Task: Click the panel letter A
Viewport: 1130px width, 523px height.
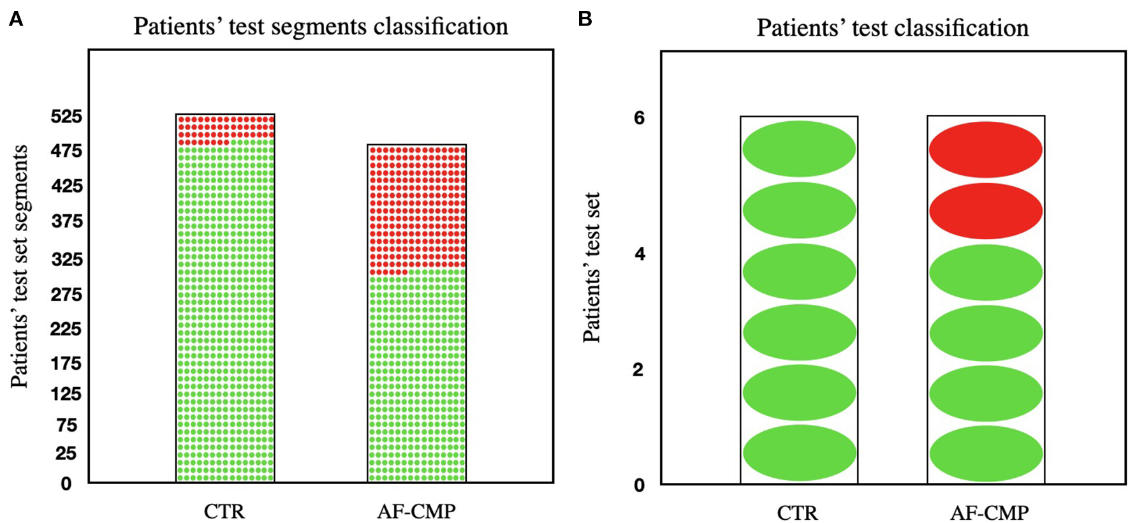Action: pos(16,19)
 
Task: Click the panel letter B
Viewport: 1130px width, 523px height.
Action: pos(584,19)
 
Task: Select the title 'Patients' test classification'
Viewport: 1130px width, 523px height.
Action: pos(892,28)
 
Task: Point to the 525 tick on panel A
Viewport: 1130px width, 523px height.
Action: pos(66,117)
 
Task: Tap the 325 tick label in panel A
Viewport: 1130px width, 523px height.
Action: pos(66,260)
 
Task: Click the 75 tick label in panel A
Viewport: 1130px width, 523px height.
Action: pos(66,425)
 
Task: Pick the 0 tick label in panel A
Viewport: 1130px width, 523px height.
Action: pos(66,484)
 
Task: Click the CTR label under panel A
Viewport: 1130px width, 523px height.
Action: pos(224,512)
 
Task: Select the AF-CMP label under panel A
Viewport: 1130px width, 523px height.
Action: pos(416,512)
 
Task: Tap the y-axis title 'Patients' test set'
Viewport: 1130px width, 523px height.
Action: pos(592,268)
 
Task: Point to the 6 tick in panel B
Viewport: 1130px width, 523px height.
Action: pos(639,118)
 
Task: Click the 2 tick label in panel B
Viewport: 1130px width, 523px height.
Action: pos(638,370)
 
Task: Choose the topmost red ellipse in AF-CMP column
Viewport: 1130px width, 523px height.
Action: pos(985,150)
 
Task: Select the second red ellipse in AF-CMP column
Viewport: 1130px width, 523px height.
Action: pos(985,211)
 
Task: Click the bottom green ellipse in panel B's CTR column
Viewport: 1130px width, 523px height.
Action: pos(799,453)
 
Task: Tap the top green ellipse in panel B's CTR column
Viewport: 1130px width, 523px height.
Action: pos(799,149)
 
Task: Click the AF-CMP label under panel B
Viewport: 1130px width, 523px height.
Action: pos(989,513)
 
